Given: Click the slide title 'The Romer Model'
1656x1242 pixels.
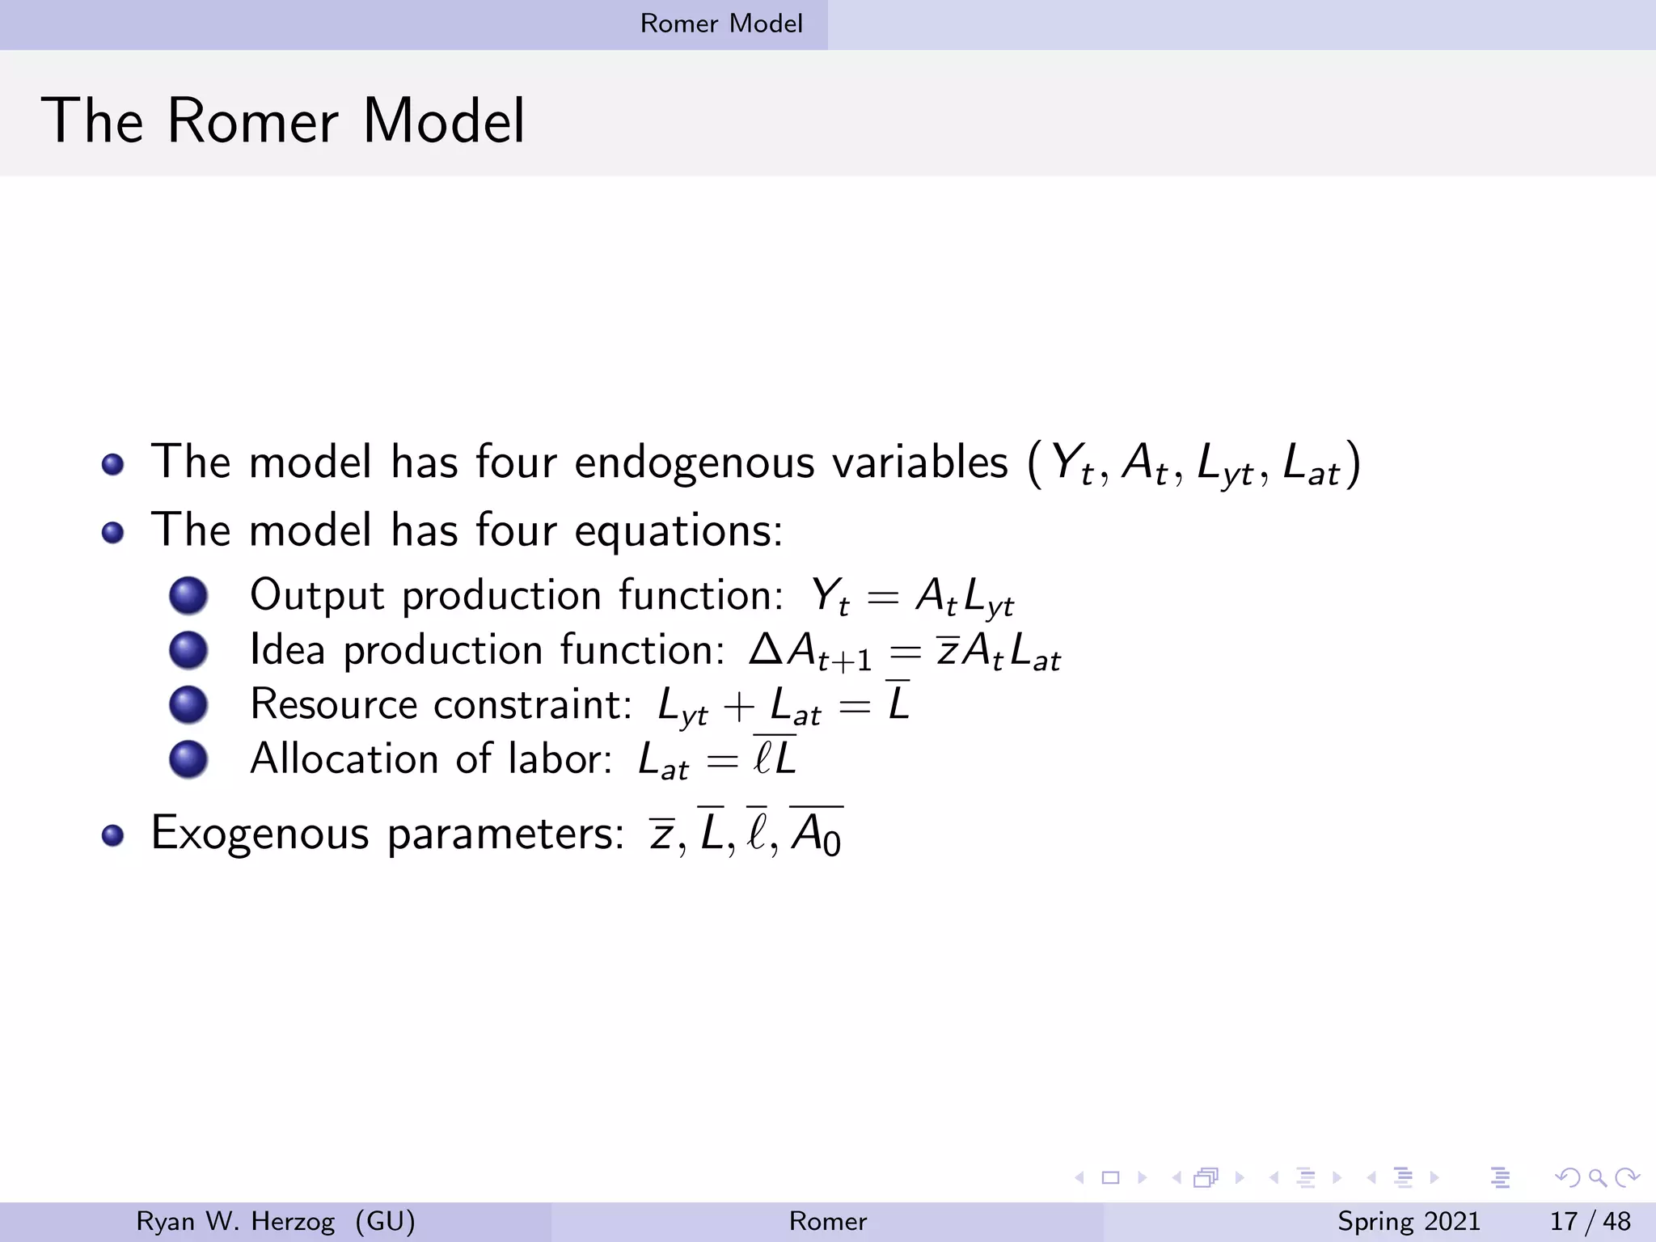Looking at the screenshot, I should tap(283, 121).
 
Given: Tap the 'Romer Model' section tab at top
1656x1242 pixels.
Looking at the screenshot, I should tap(721, 23).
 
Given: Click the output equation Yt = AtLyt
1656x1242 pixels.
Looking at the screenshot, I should tap(911, 597).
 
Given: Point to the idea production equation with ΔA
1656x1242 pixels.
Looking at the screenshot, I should tap(904, 652).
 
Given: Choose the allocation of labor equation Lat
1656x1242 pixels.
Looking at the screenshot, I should tap(716, 760).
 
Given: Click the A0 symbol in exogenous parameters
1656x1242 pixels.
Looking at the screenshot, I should tap(817, 833).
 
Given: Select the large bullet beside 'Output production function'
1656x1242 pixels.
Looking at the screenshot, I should tap(188, 596).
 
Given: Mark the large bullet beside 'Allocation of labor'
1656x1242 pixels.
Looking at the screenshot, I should tap(188, 759).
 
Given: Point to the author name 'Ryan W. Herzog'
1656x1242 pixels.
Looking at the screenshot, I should tap(235, 1221).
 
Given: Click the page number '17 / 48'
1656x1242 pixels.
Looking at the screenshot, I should tap(1590, 1221).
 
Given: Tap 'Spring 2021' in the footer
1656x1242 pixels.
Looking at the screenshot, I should tap(1409, 1221).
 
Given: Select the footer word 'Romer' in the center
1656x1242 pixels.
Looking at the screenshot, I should tap(827, 1221).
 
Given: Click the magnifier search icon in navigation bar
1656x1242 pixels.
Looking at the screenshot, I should tap(1597, 1177).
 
